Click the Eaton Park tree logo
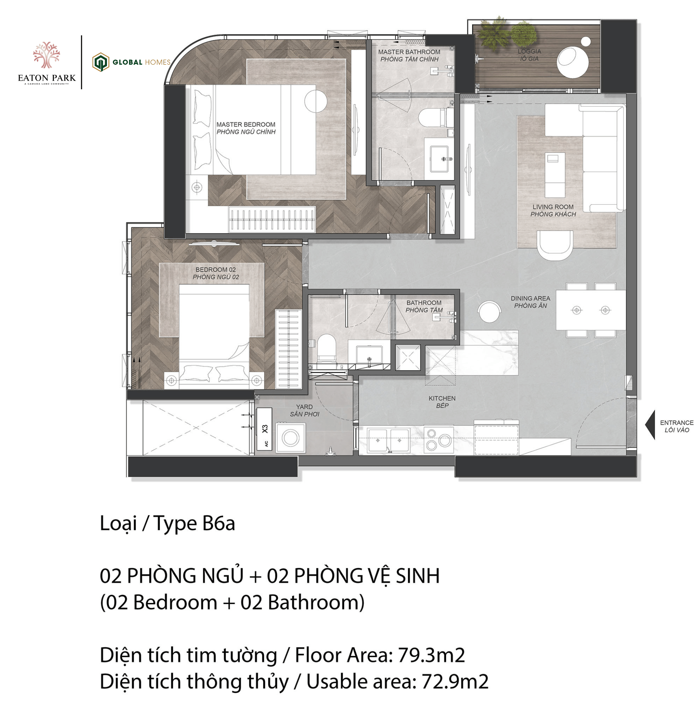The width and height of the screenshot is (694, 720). tap(46, 55)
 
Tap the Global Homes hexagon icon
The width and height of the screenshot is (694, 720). tap(100, 62)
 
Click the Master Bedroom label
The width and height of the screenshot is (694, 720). tap(246, 128)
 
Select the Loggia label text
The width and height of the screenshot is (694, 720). tap(529, 55)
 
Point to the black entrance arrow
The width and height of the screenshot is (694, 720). tap(650, 425)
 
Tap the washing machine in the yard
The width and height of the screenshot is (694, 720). tap(291, 437)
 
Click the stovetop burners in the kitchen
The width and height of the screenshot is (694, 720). tap(439, 440)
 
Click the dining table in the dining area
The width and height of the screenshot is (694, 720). tap(590, 310)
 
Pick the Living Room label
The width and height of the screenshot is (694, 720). tap(553, 210)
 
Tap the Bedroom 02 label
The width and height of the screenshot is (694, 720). tap(216, 273)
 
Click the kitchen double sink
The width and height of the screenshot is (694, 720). tap(389, 440)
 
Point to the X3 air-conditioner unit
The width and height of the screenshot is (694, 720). tap(265, 429)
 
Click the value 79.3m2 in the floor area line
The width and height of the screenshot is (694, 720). tap(431, 655)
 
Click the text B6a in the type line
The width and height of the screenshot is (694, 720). tap(218, 523)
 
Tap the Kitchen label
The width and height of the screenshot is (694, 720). tap(442, 402)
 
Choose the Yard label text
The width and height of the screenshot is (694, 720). tap(304, 410)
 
